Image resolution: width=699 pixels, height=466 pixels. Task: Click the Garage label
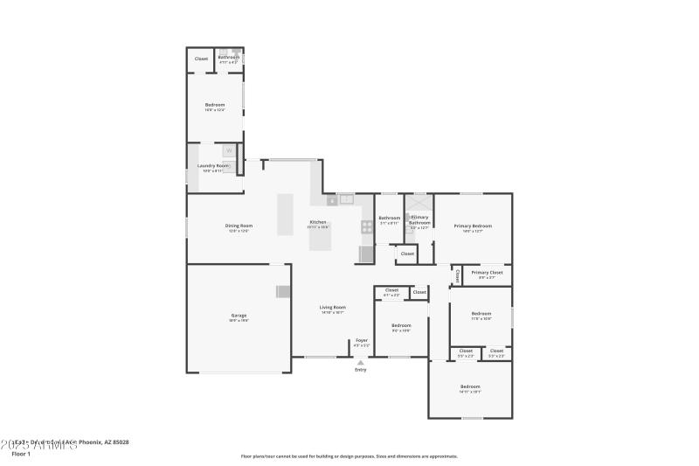(239, 316)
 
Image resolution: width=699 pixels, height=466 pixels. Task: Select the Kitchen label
(318, 222)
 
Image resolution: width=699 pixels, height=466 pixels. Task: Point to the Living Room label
(332, 307)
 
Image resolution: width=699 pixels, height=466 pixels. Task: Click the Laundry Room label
(213, 165)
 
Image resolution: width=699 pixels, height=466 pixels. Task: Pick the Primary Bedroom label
(473, 226)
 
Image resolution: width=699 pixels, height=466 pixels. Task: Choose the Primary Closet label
(487, 273)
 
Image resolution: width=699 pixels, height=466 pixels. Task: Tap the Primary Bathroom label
(419, 219)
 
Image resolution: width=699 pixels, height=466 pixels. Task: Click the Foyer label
(361, 340)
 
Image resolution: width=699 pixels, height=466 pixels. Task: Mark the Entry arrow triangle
(360, 362)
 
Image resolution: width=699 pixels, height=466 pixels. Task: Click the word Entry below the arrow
(360, 370)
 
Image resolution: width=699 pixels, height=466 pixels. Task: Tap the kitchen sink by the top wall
(347, 199)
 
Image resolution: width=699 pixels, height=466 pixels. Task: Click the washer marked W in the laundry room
(229, 150)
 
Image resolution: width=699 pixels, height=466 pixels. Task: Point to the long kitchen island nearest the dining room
(286, 213)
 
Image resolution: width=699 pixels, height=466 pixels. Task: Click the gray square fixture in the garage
(282, 292)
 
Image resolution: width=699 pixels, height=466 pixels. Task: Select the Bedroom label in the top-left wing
(215, 105)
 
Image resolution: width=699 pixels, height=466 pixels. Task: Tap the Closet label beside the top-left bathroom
(201, 59)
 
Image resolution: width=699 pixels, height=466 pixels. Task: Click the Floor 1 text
(20, 455)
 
